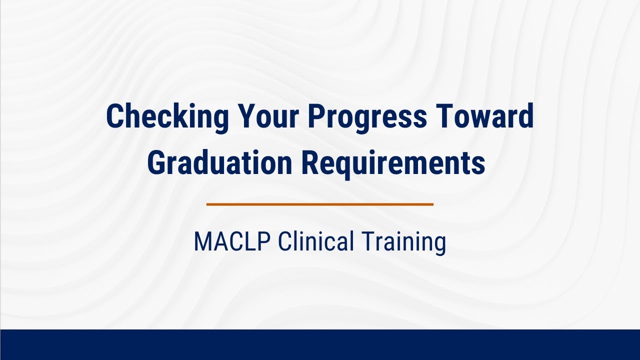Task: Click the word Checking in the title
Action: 167,116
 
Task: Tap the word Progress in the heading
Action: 367,116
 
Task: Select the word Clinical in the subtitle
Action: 315,242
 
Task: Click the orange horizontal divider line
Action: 320,204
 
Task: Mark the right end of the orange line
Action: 432,204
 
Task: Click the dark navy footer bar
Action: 320,344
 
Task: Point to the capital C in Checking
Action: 114,116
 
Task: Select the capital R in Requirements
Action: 309,163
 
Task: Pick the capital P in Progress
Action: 316,116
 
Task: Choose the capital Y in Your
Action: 247,116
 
